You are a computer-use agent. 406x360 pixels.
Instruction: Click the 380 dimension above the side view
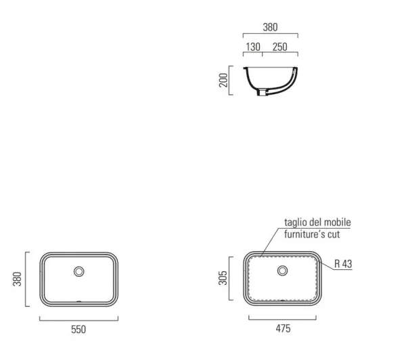click(x=270, y=27)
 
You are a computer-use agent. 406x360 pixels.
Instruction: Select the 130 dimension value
click(x=253, y=47)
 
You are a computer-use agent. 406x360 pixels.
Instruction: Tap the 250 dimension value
click(x=280, y=47)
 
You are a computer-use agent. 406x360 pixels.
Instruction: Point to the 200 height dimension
click(x=223, y=81)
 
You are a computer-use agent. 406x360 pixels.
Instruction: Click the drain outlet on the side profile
click(x=262, y=92)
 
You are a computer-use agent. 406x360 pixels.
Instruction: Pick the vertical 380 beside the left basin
click(x=17, y=279)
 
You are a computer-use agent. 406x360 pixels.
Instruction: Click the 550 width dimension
click(x=78, y=330)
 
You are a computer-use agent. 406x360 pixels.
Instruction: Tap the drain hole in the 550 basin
click(x=79, y=271)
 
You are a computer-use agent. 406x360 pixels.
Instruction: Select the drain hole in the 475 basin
click(x=282, y=271)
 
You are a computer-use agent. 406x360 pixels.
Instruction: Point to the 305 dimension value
click(x=223, y=278)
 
